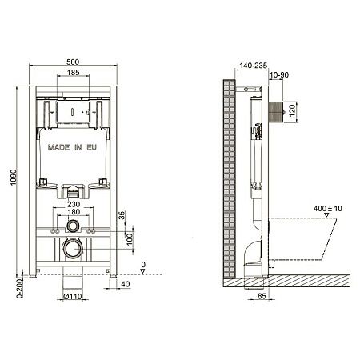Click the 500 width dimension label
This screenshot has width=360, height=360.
[x=73, y=62]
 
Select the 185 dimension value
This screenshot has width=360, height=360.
[x=73, y=72]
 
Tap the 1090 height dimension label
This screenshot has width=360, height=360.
[x=14, y=178]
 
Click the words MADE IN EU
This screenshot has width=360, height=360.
[x=72, y=147]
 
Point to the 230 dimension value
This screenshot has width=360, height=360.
[x=74, y=204]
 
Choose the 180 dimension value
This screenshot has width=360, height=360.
[x=74, y=212]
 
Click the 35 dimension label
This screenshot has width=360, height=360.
[x=122, y=215]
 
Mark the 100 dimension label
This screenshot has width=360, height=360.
[x=130, y=239]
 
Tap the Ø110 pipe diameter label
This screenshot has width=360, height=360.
[x=73, y=296]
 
